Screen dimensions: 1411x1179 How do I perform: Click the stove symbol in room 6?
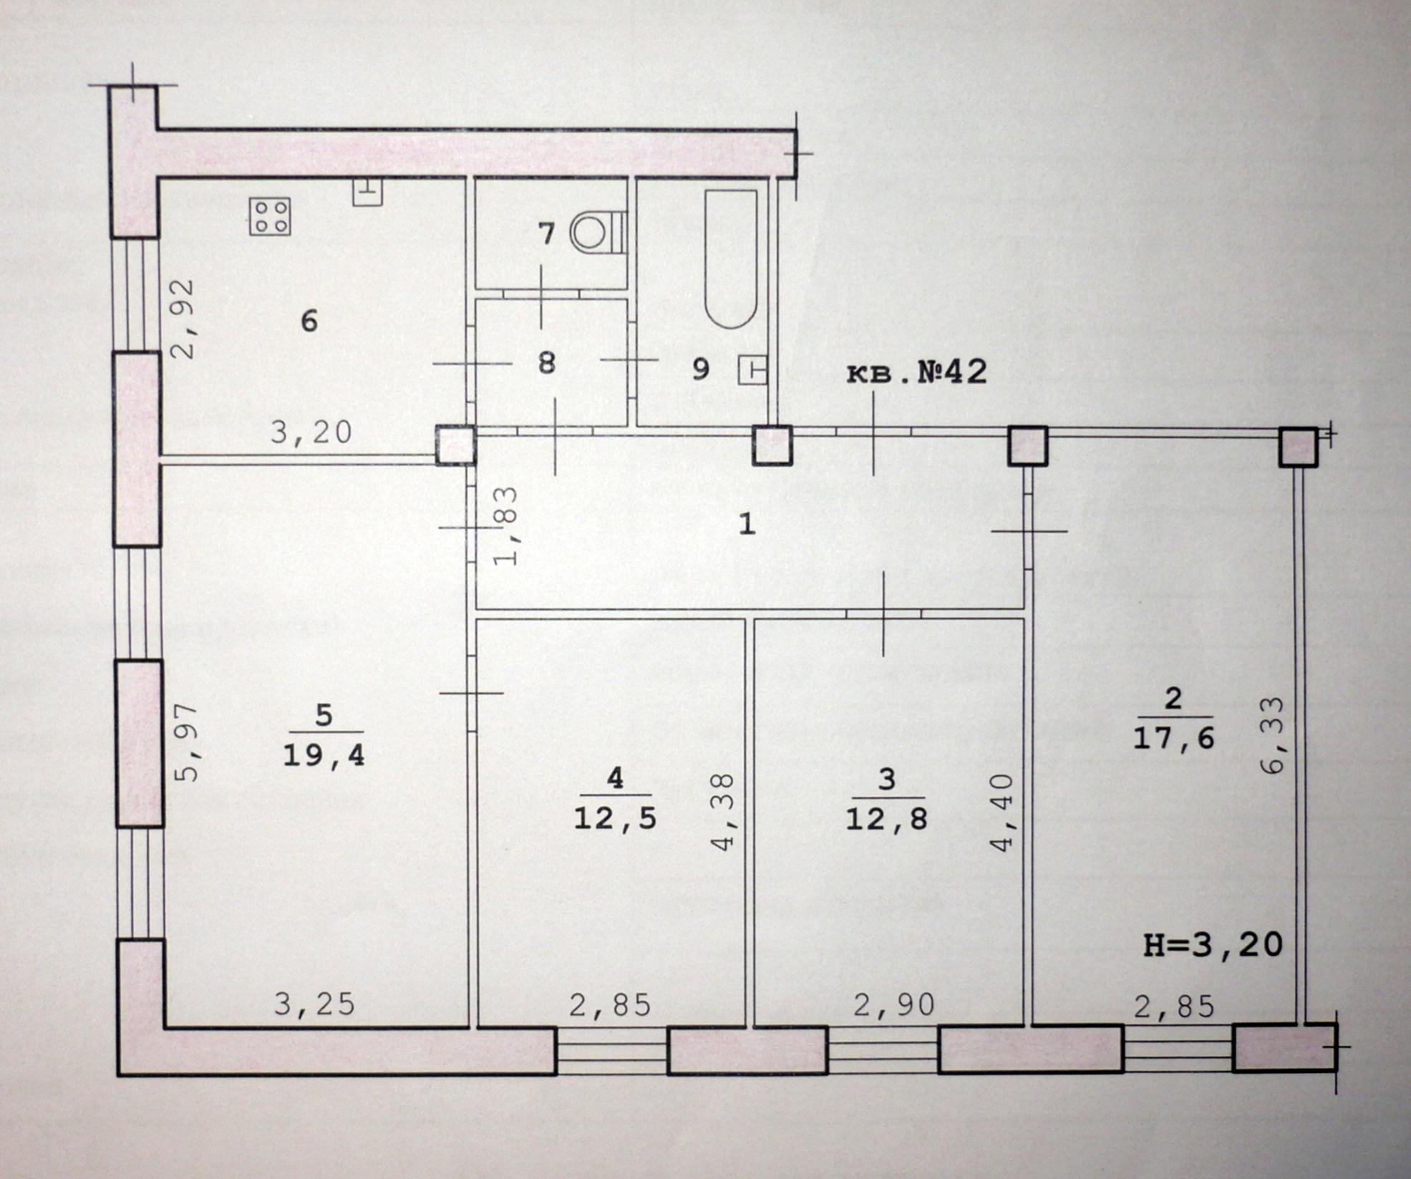270,216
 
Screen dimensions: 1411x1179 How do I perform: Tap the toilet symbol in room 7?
598,233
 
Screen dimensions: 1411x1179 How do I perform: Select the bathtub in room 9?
730,259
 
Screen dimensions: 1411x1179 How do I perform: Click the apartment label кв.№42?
917,372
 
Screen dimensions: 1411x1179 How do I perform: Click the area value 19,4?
324,755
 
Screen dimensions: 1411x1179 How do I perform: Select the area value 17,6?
1173,738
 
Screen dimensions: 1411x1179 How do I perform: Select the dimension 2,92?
182,319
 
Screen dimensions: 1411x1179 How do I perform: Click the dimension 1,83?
505,526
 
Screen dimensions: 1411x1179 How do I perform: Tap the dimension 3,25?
314,1005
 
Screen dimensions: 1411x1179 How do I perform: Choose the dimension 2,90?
894,1006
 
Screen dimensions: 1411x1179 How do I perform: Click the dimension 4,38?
724,811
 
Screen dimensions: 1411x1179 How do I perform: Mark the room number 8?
547,364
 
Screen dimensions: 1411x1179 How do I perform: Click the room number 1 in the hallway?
747,525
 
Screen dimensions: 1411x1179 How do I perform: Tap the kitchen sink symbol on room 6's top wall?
367,192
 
